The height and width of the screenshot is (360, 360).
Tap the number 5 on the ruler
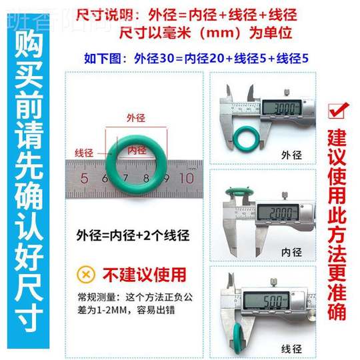[x=85, y=179]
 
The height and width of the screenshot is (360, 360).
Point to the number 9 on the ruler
[x=166, y=179]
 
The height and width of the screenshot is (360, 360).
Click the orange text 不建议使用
[x=133, y=274]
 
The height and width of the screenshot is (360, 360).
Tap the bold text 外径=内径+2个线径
[x=133, y=235]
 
